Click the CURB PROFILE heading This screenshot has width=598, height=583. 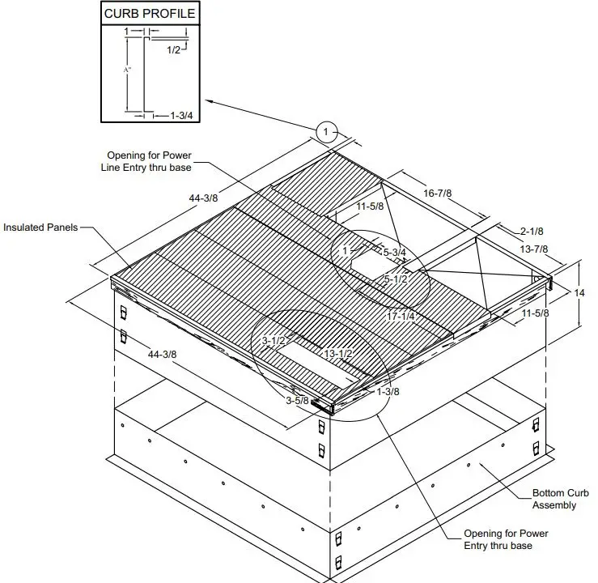[149, 14]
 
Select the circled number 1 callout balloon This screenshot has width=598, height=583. [326, 131]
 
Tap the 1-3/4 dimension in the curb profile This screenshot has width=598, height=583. [180, 116]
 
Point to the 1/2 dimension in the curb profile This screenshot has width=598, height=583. [174, 50]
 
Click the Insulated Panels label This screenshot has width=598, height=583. [40, 228]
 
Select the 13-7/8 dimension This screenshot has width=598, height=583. [535, 249]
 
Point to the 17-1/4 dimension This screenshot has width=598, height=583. [401, 316]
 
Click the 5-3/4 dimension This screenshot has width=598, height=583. [394, 253]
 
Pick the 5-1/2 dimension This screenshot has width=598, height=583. [396, 279]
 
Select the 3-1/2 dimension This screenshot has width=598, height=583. [274, 341]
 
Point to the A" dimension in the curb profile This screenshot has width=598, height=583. [126, 71]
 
